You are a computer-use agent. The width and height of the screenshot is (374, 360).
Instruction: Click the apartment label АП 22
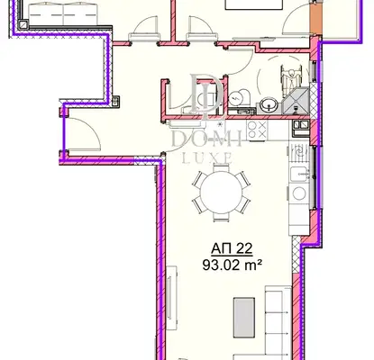pos(232,248)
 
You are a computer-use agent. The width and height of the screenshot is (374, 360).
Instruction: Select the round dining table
pos(221,192)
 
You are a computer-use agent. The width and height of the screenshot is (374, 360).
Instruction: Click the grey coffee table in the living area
pos(244,318)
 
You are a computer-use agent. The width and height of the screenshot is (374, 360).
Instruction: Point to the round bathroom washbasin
pos(267,105)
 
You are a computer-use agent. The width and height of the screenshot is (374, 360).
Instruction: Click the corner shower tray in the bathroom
pos(296,101)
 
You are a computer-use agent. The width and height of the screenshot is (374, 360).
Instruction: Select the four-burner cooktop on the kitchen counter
pos(257,130)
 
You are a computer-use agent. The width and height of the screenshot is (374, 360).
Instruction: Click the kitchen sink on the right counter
pos(299,174)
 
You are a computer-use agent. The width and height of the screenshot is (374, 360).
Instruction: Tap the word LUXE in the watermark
pos(207,157)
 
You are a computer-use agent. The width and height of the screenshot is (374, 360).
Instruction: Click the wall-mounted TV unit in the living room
pos(171,297)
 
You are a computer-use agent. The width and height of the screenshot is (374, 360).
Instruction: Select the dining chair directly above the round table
pos(221,167)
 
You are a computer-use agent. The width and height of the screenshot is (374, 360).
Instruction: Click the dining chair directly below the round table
pos(221,217)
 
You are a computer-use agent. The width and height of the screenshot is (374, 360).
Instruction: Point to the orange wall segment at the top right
pos(315,19)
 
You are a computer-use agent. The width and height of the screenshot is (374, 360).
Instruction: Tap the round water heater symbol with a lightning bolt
pos(235,98)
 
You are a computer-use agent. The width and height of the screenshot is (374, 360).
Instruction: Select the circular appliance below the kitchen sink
pos(299,193)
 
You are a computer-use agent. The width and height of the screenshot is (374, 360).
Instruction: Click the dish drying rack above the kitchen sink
pos(299,154)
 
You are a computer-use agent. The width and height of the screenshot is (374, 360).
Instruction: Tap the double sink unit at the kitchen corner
pos(301,124)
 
